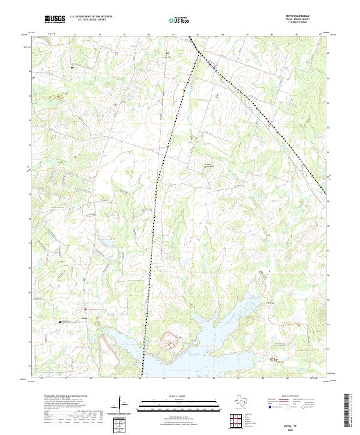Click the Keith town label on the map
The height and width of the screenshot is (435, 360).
tap(84, 317)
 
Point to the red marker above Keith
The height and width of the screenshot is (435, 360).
tap(85, 310)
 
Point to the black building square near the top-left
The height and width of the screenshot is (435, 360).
tap(72, 68)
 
